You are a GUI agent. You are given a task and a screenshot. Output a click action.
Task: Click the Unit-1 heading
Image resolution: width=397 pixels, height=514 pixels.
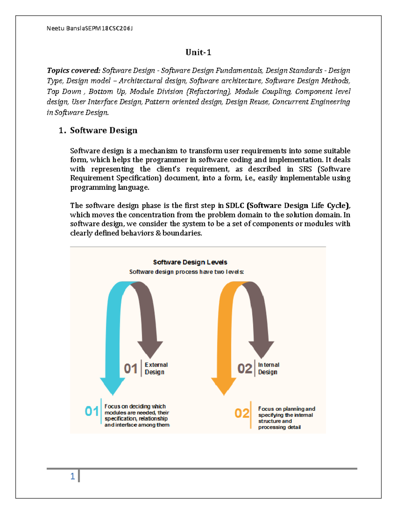[x=198, y=52]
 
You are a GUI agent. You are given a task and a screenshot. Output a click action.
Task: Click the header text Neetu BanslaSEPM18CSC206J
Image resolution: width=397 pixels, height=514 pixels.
[x=89, y=28]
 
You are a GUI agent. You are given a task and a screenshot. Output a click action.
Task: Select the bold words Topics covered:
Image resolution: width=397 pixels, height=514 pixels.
[x=73, y=70]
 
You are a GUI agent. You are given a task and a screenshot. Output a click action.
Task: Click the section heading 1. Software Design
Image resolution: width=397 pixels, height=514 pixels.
[x=98, y=130]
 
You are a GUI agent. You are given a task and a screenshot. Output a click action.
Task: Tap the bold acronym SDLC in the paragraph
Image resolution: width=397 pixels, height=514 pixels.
[x=235, y=206]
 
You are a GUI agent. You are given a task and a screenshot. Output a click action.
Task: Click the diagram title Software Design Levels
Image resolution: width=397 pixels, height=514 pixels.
[x=190, y=262]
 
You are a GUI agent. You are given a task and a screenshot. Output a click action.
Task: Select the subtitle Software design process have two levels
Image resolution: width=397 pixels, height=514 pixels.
[x=186, y=272]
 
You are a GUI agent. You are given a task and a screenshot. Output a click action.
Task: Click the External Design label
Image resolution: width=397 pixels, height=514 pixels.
[x=156, y=368]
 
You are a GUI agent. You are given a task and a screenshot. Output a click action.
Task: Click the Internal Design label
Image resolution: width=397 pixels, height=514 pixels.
[x=268, y=368]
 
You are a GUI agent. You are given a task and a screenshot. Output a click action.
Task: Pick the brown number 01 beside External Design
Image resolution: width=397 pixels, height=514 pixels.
[x=131, y=368]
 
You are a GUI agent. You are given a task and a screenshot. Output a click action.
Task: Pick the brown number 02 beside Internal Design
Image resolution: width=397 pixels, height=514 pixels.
[x=244, y=368]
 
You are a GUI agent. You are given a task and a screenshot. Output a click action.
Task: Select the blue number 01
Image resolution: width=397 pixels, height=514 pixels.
[x=92, y=411]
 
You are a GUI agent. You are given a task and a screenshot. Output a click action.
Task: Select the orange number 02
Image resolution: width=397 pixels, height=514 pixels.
[x=242, y=413]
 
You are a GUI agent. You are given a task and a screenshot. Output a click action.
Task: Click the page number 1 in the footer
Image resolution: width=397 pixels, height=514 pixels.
[x=72, y=476]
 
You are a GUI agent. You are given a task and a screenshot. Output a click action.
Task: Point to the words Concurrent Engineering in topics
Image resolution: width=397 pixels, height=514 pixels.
[x=311, y=102]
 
